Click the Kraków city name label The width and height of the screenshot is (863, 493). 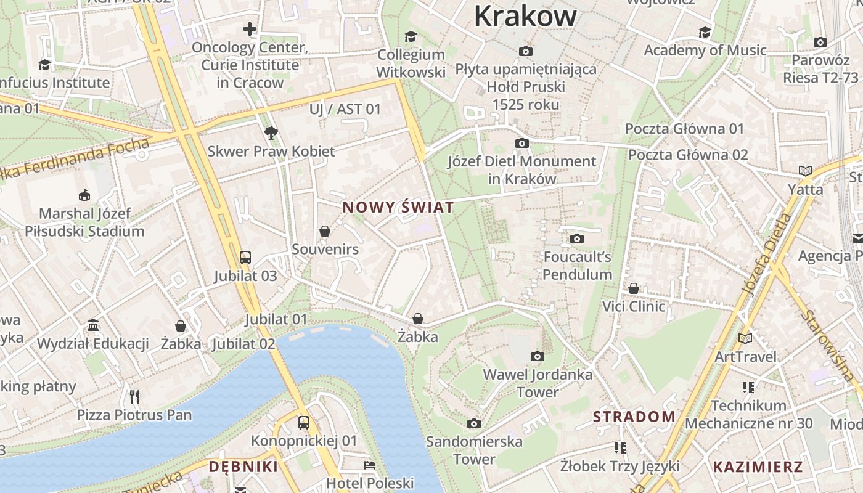525,16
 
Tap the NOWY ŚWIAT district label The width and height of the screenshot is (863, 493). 398,208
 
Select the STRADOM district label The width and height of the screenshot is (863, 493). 634,417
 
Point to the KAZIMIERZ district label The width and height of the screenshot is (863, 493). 758,467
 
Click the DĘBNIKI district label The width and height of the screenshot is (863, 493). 243,467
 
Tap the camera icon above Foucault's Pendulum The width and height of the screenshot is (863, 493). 577,238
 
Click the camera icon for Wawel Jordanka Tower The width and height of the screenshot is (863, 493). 538,356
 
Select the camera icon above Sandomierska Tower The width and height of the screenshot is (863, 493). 473,423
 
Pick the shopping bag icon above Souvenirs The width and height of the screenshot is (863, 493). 325,231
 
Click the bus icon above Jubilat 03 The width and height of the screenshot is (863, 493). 245,257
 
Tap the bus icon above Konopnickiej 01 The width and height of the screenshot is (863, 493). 304,422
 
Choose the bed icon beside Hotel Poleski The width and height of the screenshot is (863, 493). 370,465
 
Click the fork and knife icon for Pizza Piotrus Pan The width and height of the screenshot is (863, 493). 134,396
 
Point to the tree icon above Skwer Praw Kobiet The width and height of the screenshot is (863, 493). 271,132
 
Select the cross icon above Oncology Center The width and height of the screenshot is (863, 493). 249,29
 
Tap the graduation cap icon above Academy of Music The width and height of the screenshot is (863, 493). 705,32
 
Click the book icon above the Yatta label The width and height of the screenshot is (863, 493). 805,171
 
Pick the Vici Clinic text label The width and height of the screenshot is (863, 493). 634,306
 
